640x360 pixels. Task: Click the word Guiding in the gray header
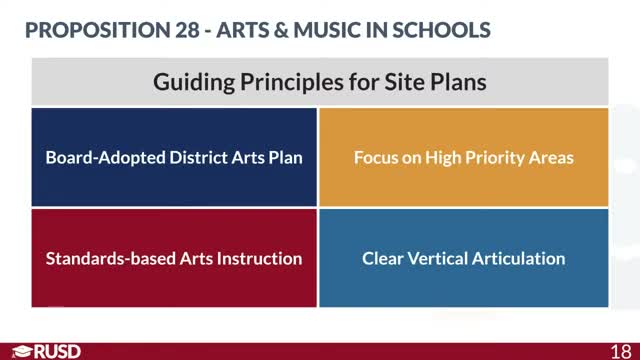point(191,82)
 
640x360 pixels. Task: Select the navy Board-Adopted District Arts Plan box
point(174,157)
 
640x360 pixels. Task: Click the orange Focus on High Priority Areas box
point(463,157)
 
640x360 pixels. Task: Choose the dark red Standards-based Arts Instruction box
point(174,258)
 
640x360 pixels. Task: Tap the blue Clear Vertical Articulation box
point(463,258)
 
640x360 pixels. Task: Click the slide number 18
point(620,350)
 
